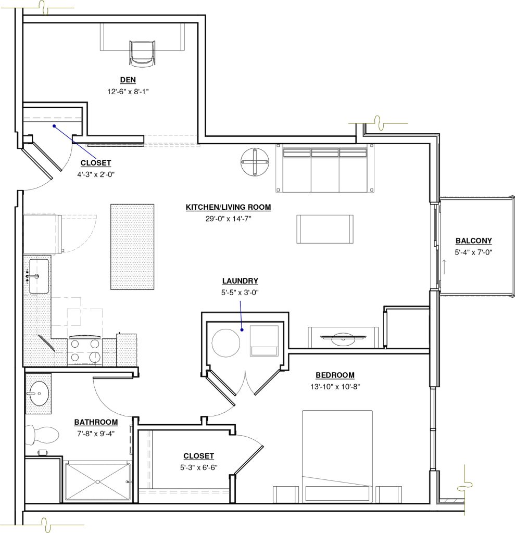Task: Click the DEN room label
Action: [x=128, y=80]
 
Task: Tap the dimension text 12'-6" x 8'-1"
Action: [x=128, y=92]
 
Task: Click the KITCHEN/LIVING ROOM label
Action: [x=228, y=207]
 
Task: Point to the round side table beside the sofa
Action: [x=255, y=162]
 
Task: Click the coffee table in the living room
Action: [x=325, y=229]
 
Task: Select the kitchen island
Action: [x=132, y=247]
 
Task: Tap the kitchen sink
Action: [x=39, y=276]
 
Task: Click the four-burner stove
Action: [x=85, y=350]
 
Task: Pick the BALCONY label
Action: [x=473, y=240]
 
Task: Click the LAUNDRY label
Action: [x=240, y=281]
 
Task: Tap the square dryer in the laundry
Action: [x=265, y=340]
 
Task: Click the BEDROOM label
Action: [x=335, y=375]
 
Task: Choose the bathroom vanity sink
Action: [x=38, y=394]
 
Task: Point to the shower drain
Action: [x=97, y=481]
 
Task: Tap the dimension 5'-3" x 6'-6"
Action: [x=198, y=467]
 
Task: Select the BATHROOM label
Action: [x=96, y=422]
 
